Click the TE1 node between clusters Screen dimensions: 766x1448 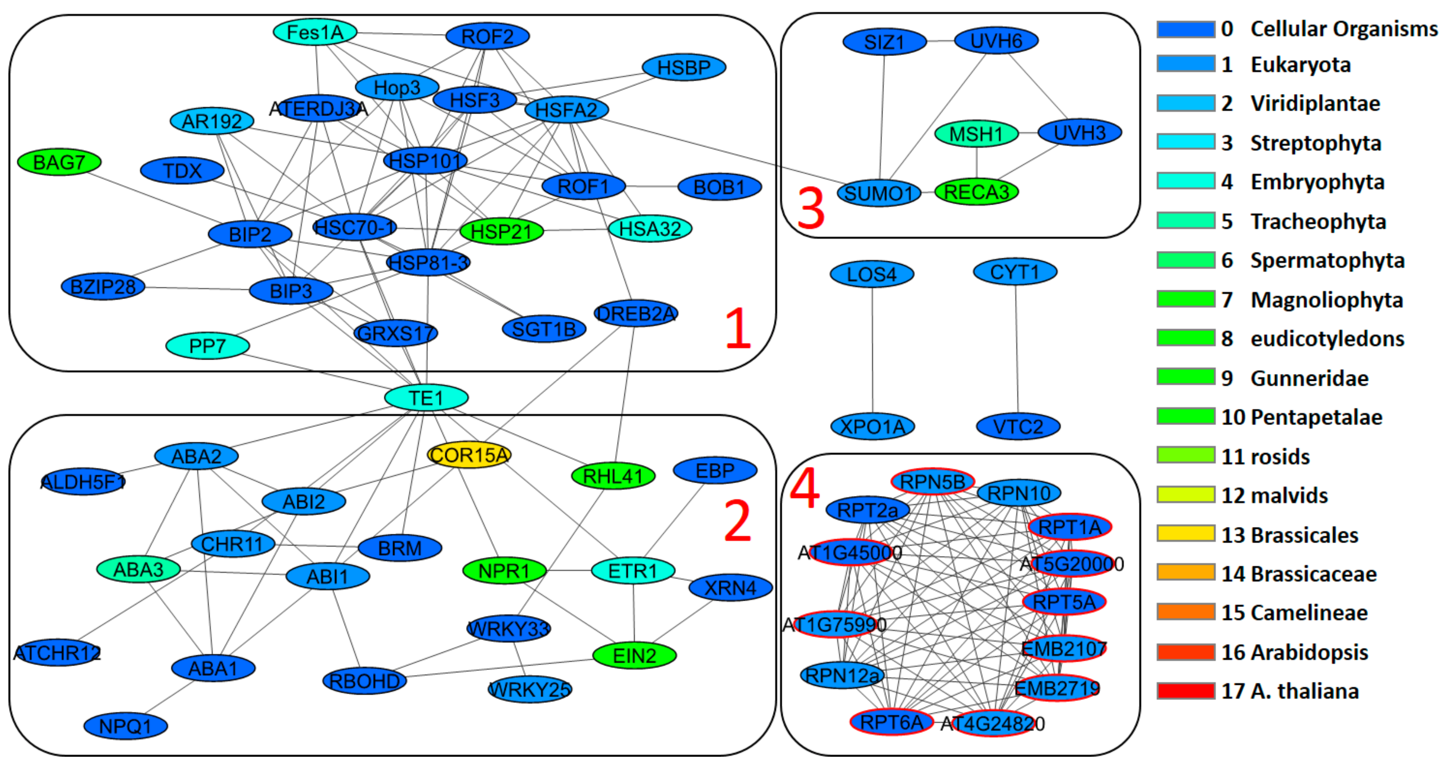[426, 398]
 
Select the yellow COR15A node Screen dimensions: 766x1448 [469, 455]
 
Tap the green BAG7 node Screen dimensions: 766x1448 [59, 162]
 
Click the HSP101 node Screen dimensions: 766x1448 [425, 161]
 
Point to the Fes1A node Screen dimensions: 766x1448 [315, 32]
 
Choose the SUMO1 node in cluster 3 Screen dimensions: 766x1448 [879, 193]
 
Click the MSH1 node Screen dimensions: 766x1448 [976, 134]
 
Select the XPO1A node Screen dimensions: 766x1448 [872, 427]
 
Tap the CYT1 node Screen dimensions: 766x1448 [1015, 272]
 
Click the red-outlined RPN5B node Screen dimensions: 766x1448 [933, 482]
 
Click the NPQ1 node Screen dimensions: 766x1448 [125, 726]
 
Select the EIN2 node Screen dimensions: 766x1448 [634, 655]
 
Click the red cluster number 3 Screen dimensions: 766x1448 [810, 208]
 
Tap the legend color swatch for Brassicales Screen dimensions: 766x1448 [1185, 533]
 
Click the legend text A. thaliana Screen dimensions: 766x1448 [1304, 691]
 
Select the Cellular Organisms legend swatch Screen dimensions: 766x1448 [1185, 29]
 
